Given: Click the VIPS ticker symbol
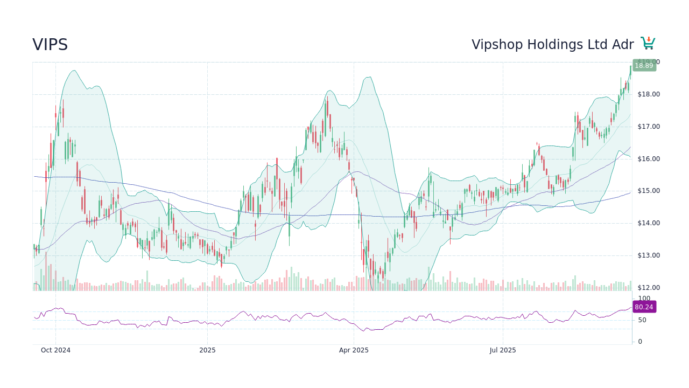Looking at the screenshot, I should [50, 45].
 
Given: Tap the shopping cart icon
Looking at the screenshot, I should [648, 44].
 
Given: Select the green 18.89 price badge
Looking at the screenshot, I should [644, 66].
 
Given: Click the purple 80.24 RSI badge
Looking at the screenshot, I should [644, 307].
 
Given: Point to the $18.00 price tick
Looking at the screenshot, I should [649, 94].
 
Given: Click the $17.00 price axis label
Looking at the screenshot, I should [649, 127].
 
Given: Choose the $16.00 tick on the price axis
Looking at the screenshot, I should [649, 159].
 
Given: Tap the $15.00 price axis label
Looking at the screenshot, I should [649, 191].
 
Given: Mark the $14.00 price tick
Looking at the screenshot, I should [649, 223].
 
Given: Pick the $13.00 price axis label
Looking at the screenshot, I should [649, 255].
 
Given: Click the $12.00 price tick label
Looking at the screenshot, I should [649, 288].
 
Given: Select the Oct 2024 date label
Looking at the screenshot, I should [55, 350].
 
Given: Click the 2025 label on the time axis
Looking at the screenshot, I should [207, 350].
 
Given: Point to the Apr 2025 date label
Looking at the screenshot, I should [354, 350].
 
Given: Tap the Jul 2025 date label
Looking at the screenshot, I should [503, 350].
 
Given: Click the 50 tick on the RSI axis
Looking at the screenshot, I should [642, 320].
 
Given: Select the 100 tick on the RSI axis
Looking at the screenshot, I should [644, 299].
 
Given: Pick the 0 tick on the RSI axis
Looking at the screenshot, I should [640, 342].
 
